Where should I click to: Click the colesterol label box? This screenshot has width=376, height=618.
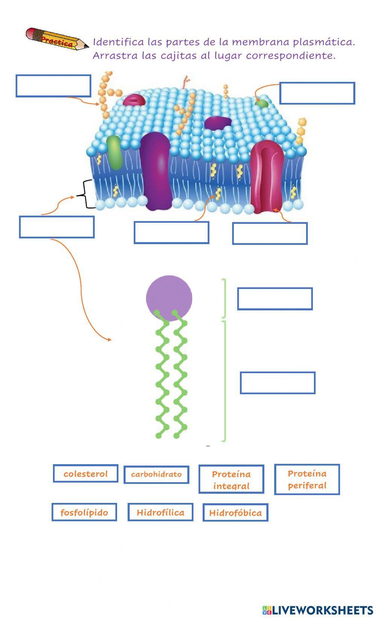click(x=85, y=474)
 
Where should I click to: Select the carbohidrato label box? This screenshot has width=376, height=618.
click(x=156, y=474)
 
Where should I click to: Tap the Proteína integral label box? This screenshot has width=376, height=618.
click(x=231, y=479)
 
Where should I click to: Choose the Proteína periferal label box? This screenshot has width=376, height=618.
click(x=307, y=479)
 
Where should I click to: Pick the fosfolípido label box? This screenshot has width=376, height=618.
click(x=84, y=512)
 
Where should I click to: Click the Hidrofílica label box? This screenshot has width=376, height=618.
click(x=160, y=512)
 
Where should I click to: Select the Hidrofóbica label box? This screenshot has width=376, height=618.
click(x=235, y=513)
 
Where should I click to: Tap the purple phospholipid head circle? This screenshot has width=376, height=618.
click(x=169, y=297)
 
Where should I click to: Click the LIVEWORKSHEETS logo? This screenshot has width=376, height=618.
click(x=317, y=610)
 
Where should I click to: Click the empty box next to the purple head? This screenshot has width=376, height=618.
click(x=274, y=299)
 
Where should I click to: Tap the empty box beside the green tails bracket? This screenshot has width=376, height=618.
click(x=277, y=383)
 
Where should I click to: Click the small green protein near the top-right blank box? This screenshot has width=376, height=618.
click(x=261, y=103)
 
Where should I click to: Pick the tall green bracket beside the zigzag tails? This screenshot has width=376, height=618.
click(x=224, y=381)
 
